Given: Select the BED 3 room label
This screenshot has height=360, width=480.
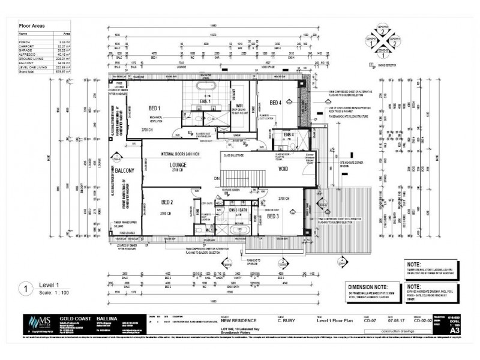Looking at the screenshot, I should click(x=272, y=215).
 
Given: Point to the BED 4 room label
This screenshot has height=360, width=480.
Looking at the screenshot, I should click(x=275, y=103).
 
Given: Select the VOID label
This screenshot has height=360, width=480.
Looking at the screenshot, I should click(x=283, y=170).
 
